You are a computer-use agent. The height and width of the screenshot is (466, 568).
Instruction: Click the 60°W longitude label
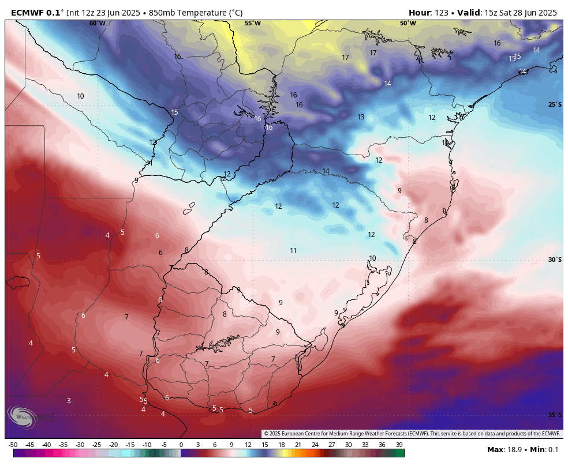pyautogui.click(x=97, y=24)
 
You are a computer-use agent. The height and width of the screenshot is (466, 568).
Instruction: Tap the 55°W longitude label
pyautogui.click(x=252, y=24)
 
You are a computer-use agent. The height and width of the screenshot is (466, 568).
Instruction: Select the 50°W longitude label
pyautogui.click(x=408, y=24)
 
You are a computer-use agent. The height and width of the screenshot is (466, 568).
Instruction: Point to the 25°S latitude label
pyautogui.click(x=554, y=104)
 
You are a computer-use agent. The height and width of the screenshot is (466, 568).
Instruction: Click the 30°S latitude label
pyautogui.click(x=554, y=260)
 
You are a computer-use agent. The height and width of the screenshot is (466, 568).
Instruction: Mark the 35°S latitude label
pyautogui.click(x=554, y=415)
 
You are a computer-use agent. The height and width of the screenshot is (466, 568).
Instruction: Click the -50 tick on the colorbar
pyautogui.click(x=13, y=445)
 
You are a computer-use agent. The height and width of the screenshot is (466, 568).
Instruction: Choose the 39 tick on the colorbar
pyautogui.click(x=399, y=445)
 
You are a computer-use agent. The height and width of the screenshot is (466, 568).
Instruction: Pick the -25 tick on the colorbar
pyautogui.click(x=96, y=445)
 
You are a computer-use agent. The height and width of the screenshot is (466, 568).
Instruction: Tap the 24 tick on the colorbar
pyautogui.click(x=315, y=445)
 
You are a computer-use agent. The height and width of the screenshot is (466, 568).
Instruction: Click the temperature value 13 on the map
pyautogui.click(x=361, y=117)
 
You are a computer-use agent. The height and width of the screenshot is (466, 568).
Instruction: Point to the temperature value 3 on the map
pyautogui.click(x=69, y=401)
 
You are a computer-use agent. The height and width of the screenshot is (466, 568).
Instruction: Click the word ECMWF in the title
pyautogui.click(x=28, y=13)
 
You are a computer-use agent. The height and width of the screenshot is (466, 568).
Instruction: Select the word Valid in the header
pyautogui.click(x=468, y=13)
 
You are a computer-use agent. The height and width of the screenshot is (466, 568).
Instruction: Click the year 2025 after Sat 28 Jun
pyautogui.click(x=545, y=13)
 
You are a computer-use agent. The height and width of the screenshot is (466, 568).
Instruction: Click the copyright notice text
pyautogui.click(x=412, y=434)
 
